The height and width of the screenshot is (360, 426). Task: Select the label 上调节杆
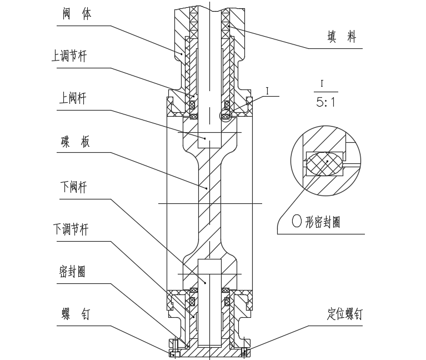pos(69,57)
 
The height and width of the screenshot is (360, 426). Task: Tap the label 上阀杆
pos(73,98)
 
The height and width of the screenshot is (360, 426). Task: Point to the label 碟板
pos(75,142)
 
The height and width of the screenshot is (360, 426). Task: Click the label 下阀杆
pos(73,187)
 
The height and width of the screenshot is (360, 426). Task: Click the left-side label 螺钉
pos(75,314)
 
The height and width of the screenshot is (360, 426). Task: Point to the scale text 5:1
pos(326,103)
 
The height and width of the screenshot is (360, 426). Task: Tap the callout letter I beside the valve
pos(267,90)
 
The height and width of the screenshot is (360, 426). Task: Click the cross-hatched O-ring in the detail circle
pos(325,163)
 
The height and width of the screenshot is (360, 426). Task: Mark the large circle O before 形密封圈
pos(297,222)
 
